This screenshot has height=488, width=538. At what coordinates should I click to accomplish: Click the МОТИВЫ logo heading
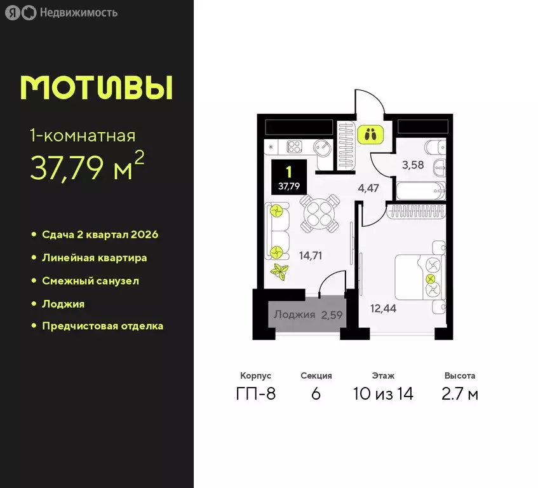point(96,88)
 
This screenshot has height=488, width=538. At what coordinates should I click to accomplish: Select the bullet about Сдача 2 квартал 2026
point(100,234)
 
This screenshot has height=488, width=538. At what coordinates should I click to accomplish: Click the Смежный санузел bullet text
point(90,280)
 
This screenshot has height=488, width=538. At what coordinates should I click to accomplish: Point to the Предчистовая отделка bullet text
point(102,326)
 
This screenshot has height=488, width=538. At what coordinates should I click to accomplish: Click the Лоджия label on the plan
point(294,315)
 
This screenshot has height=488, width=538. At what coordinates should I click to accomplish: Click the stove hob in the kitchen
point(295,146)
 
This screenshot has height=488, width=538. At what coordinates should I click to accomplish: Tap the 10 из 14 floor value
point(383,394)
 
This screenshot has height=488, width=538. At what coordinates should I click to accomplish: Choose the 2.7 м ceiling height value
point(460,394)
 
